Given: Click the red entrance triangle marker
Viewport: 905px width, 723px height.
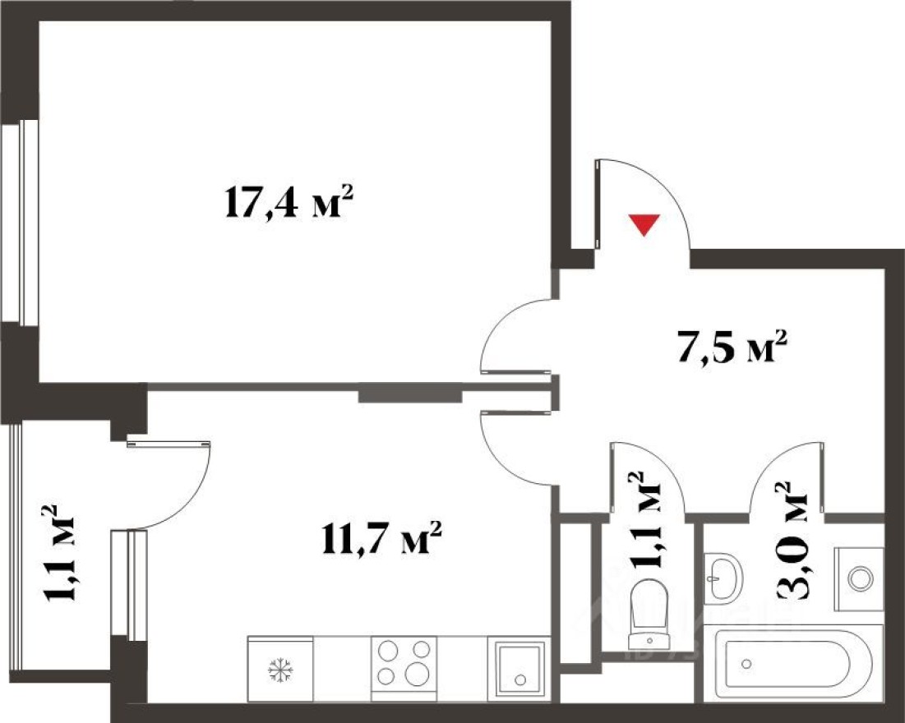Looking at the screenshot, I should pyautogui.click(x=644, y=224).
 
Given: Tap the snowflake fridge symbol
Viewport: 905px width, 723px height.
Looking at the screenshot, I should pyautogui.click(x=280, y=670).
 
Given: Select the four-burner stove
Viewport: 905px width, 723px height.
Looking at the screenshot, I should pyautogui.click(x=404, y=662).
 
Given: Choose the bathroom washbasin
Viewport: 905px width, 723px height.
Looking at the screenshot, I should pyautogui.click(x=723, y=578).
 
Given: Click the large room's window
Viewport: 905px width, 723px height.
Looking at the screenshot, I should pyautogui.click(x=28, y=222).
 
